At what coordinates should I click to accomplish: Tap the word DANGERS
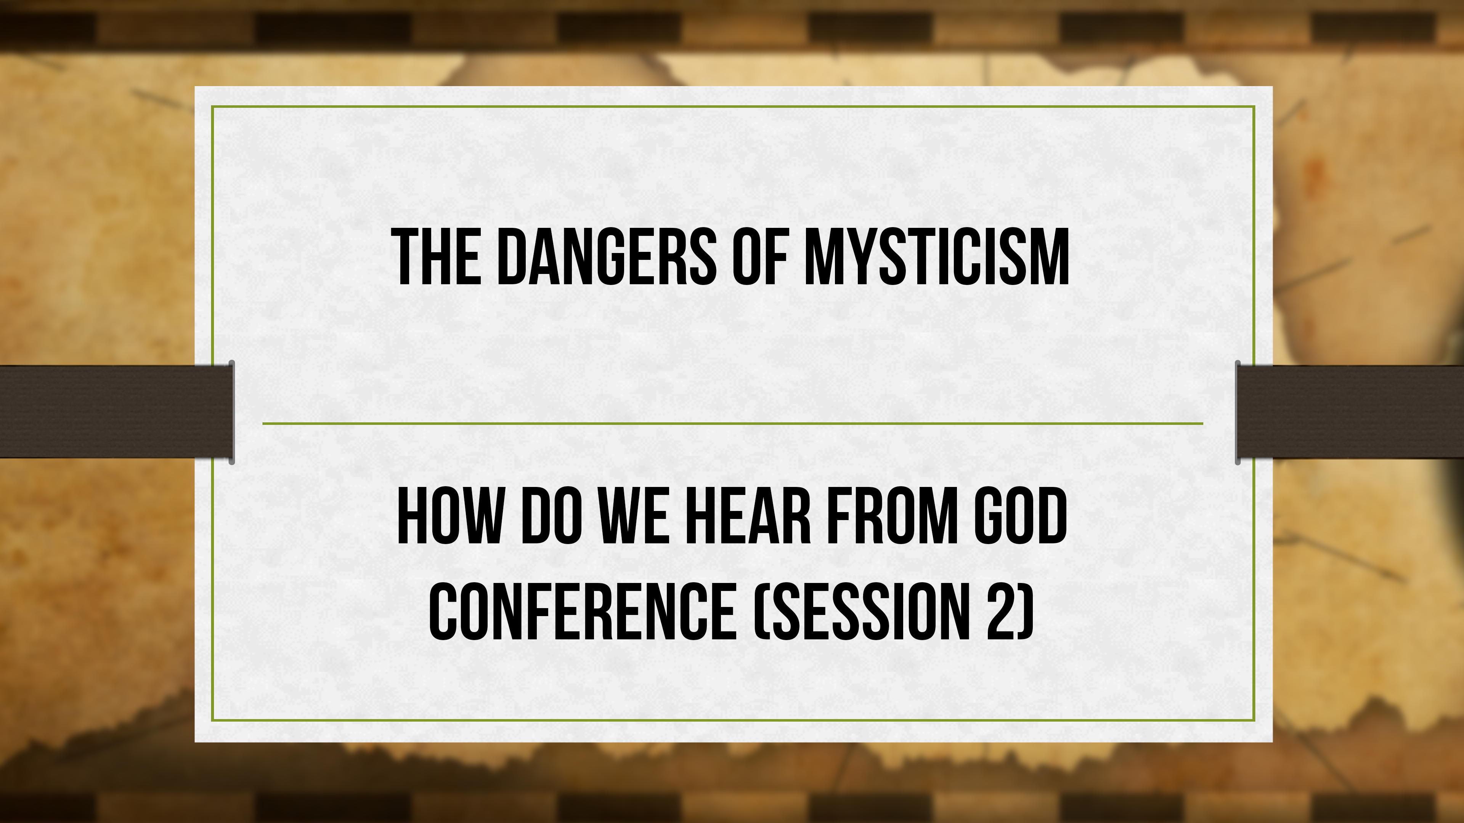[x=606, y=257]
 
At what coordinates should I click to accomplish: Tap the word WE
[x=633, y=517]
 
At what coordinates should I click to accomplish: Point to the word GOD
[x=1020, y=517]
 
